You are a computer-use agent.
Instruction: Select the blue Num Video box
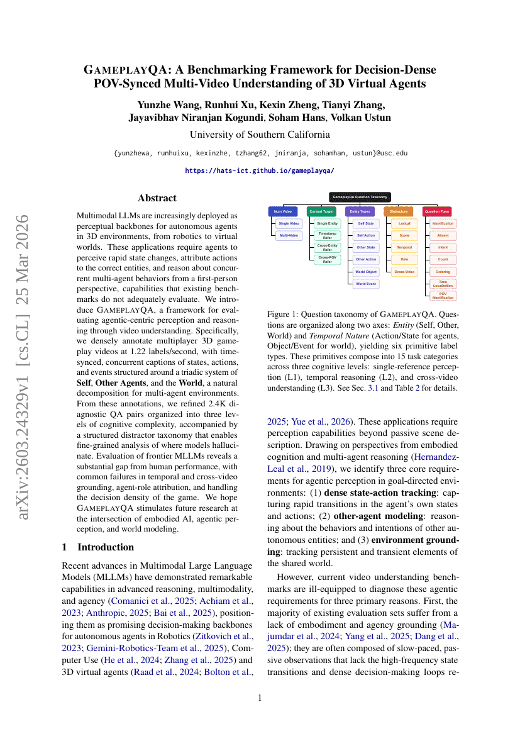coord(282,211)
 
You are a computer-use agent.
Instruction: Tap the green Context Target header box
coord(321,211)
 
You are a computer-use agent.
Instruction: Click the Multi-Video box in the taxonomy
coord(289,235)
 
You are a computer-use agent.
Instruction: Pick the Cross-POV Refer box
coord(327,259)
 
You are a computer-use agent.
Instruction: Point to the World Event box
coord(365,284)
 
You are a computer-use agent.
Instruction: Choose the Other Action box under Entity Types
coord(365,259)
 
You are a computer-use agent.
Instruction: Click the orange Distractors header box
coord(398,211)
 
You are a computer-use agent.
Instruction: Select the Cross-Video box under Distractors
coord(404,271)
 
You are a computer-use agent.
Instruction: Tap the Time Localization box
coord(443,284)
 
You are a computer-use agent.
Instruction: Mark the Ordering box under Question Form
coord(443,271)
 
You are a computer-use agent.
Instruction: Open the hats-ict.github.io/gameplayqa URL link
coord(260,170)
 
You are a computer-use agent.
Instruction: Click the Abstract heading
coord(157,198)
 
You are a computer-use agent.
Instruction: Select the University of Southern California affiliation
coord(260,135)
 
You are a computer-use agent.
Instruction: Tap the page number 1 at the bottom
coord(260,698)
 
